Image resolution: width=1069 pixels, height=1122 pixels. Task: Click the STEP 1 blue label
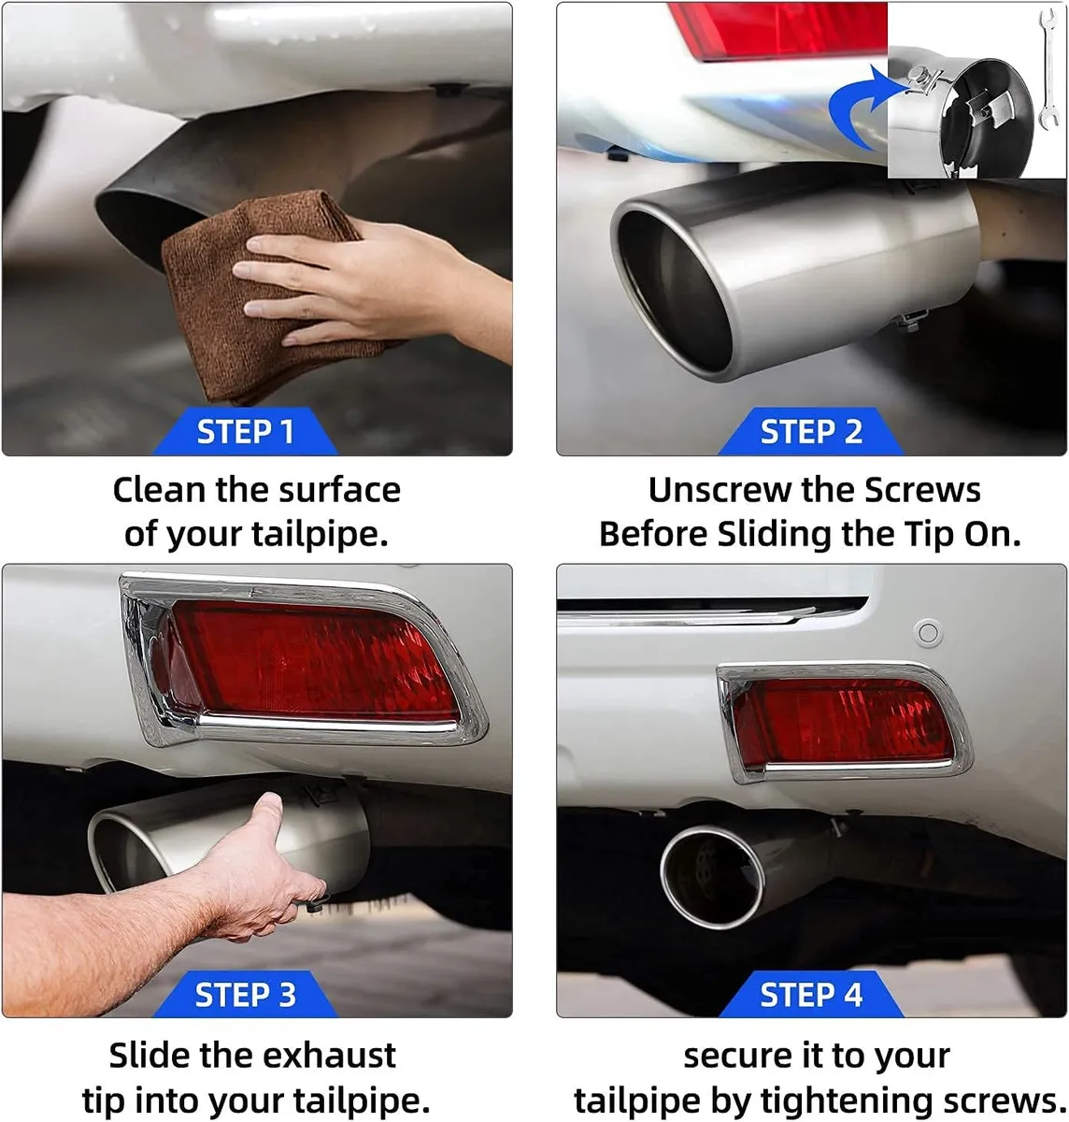click(246, 431)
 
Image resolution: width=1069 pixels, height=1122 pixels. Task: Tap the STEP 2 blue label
click(810, 431)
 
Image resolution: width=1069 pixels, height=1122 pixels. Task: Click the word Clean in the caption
click(159, 490)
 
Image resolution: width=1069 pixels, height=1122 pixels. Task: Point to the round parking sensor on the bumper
click(928, 632)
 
